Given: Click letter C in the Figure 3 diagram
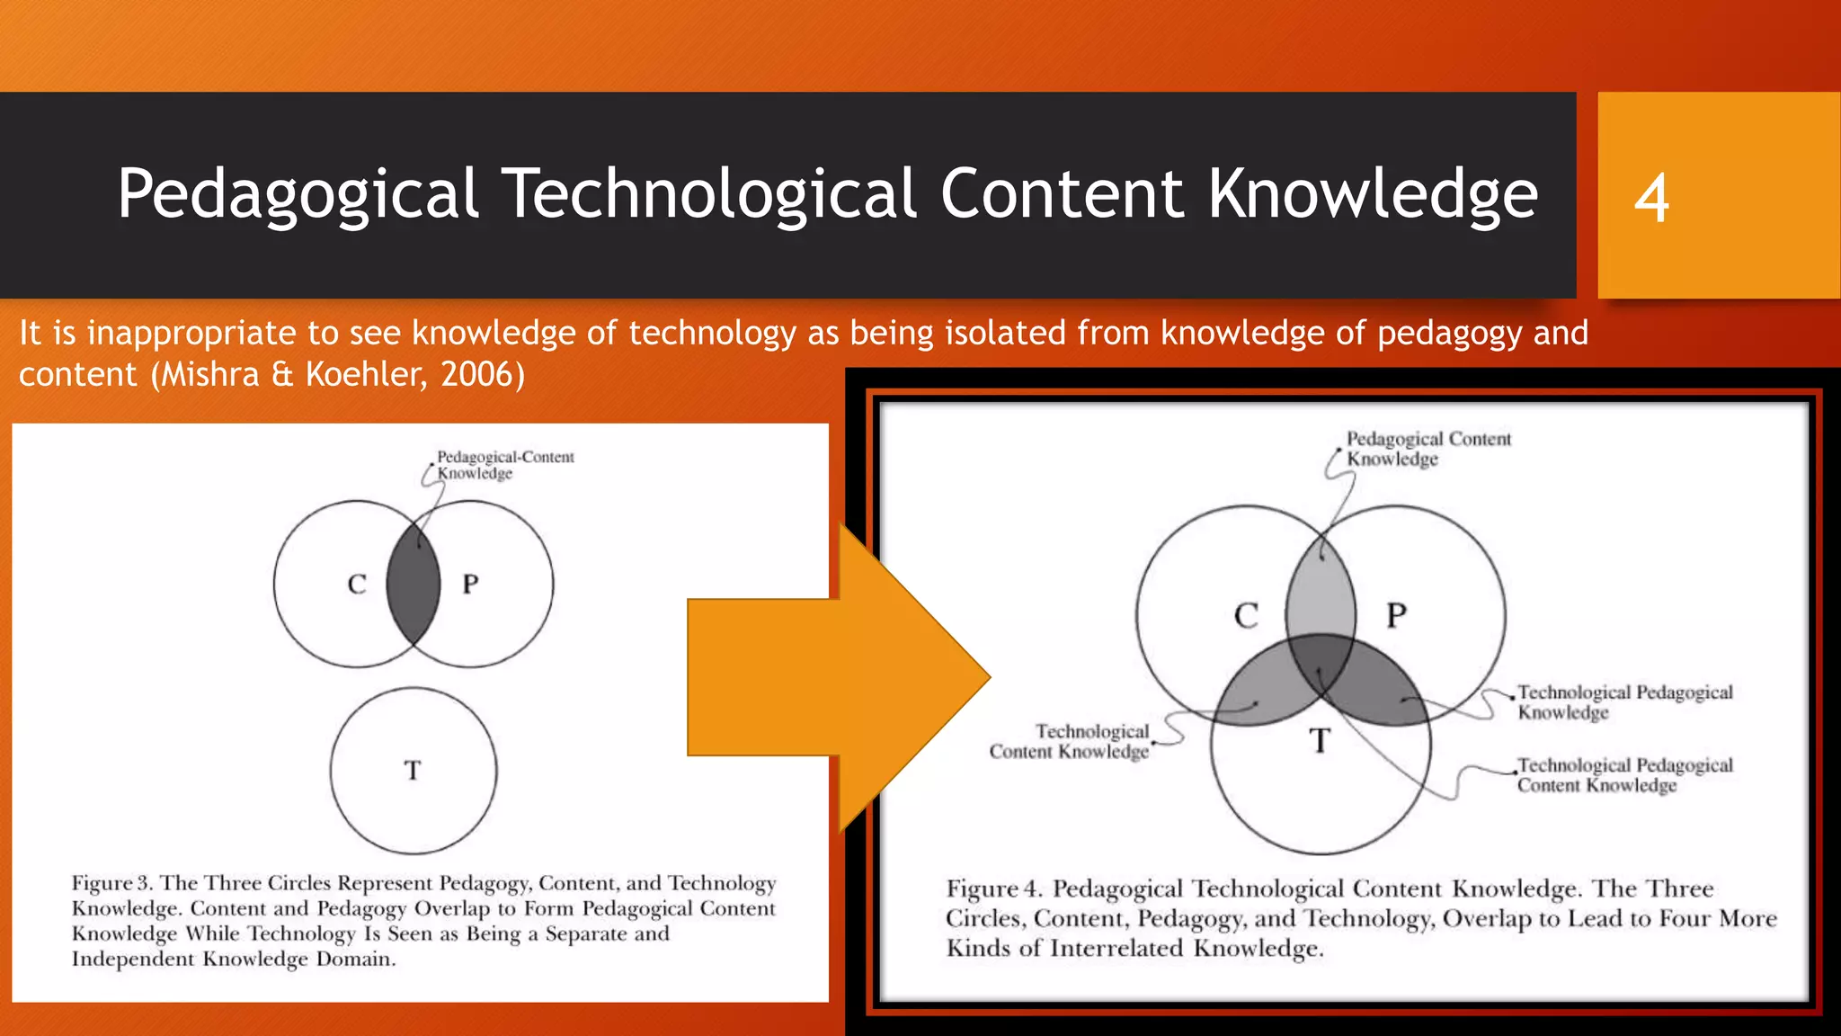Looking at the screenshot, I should [x=357, y=585].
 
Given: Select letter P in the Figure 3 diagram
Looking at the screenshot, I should [x=470, y=585].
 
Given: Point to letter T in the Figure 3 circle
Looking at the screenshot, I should [x=413, y=771].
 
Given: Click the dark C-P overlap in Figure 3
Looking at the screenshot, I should [x=414, y=585].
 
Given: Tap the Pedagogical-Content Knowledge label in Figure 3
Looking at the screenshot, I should [x=504, y=465].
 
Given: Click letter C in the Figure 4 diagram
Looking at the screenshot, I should [x=1246, y=616].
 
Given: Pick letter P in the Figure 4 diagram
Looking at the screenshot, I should [x=1396, y=616].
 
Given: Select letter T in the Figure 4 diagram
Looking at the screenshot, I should [x=1319, y=741].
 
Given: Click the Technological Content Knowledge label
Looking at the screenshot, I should [x=1070, y=742].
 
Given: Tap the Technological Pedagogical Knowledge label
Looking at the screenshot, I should [x=1624, y=702].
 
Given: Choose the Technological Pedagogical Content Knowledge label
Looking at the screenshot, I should [x=1624, y=775].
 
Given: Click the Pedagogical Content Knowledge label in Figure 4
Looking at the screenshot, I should [x=1427, y=449].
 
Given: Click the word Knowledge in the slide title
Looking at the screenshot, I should [x=1373, y=195].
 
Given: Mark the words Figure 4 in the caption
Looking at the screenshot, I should [x=993, y=889].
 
